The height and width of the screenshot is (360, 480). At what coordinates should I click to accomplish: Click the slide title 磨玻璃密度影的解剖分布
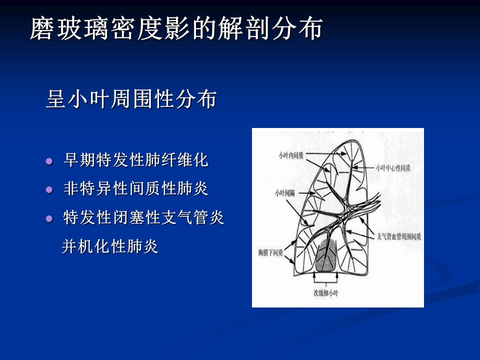pyautogui.click(x=176, y=28)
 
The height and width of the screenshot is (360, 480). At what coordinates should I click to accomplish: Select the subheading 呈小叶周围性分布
pyautogui.click(x=131, y=99)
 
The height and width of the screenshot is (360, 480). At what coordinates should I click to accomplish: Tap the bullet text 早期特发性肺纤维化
pyautogui.click(x=136, y=160)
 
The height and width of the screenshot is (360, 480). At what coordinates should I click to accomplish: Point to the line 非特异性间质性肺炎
pyautogui.click(x=136, y=188)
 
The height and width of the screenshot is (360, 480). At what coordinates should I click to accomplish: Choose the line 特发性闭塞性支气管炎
pyautogui.click(x=144, y=217)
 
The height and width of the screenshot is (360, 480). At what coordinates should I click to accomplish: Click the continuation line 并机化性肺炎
pyautogui.click(x=110, y=246)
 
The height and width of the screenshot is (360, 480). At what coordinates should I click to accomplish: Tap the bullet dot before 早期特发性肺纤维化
pyautogui.click(x=49, y=161)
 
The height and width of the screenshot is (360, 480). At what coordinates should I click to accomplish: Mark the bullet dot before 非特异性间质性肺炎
pyautogui.click(x=49, y=190)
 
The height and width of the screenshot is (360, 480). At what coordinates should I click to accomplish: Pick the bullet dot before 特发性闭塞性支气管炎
pyautogui.click(x=49, y=218)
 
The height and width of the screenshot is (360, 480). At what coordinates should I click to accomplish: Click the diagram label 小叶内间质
pyautogui.click(x=291, y=155)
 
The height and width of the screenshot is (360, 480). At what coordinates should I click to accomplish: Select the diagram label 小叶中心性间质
pyautogui.click(x=393, y=168)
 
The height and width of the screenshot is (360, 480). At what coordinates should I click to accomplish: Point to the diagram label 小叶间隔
pyautogui.click(x=284, y=193)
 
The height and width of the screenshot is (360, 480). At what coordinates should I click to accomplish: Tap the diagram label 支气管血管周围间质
pyautogui.click(x=399, y=236)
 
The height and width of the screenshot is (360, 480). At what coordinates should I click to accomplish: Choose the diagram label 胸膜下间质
pyautogui.click(x=270, y=253)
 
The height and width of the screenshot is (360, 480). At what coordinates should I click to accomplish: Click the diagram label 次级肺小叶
pyautogui.click(x=325, y=293)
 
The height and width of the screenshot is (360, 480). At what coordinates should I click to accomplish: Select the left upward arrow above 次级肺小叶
pyautogui.click(x=314, y=276)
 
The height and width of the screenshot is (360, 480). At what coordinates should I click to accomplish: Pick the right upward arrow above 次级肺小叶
pyautogui.click(x=337, y=276)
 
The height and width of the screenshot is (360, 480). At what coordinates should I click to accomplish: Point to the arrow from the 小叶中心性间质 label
pyautogui.click(x=363, y=168)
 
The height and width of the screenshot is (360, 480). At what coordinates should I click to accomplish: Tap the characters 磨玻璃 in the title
pyautogui.click(x=70, y=28)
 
